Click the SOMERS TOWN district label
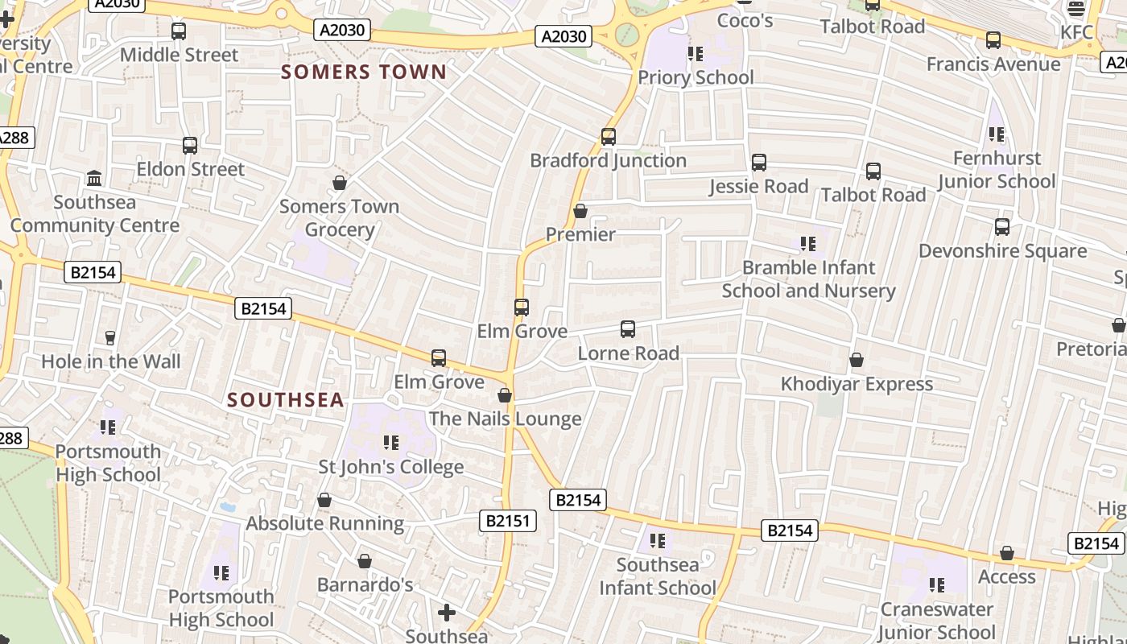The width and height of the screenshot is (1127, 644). (x=364, y=72)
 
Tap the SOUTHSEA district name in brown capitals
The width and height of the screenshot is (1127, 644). (x=286, y=400)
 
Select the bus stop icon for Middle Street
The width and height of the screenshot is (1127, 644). (x=179, y=31)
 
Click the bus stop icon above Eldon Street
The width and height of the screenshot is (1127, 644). (x=190, y=146)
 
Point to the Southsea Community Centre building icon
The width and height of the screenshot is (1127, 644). (x=94, y=178)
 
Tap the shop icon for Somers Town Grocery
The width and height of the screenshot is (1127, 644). (x=340, y=183)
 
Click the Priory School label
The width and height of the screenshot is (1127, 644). (x=696, y=77)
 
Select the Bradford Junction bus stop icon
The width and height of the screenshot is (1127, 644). (x=609, y=137)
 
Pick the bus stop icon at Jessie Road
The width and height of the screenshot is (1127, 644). (x=759, y=163)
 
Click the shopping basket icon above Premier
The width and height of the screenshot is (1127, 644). (x=580, y=211)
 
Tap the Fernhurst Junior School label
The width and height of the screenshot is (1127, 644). (x=997, y=170)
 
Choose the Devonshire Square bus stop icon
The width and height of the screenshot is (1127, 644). (x=1002, y=227)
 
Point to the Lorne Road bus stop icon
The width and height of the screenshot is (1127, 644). (x=628, y=329)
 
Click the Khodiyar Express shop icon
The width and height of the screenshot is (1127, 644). (x=857, y=360)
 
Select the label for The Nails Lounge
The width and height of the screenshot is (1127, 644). (x=505, y=419)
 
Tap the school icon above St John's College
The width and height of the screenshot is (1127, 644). (x=391, y=443)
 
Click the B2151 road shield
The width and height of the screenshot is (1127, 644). (x=508, y=521)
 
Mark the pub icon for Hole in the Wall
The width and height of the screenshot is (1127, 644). (x=110, y=338)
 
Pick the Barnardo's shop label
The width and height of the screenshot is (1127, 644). (x=365, y=584)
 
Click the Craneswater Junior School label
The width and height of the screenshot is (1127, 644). (x=936, y=621)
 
